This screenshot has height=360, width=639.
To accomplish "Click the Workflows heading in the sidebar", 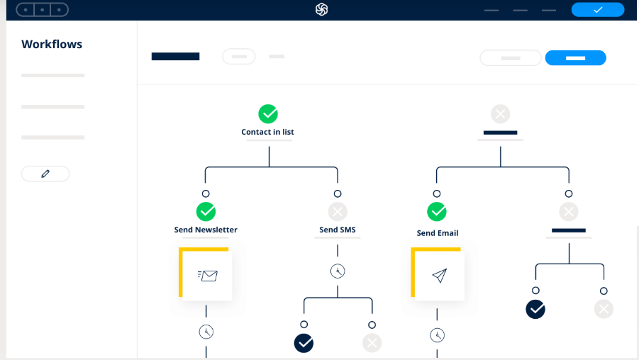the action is click(52, 44).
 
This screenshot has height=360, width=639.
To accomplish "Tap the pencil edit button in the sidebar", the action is click(45, 174).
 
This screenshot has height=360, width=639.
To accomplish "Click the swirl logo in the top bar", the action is click(321, 9).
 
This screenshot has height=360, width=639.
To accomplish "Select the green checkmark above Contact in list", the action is click(268, 114).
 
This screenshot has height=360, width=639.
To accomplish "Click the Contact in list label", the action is click(268, 132).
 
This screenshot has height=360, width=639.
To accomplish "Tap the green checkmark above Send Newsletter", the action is click(206, 212).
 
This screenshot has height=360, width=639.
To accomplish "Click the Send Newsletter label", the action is click(206, 230).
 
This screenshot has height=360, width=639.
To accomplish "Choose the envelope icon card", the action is click(206, 274).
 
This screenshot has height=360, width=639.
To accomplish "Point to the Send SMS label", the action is click(338, 230).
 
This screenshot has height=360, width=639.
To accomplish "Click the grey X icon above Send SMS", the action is click(338, 212).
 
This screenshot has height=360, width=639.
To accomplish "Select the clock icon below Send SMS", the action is click(338, 271).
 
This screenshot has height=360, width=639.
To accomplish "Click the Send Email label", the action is click(438, 233).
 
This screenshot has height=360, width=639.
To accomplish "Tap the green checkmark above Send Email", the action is click(437, 212).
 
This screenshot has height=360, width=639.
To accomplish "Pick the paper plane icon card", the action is click(438, 274).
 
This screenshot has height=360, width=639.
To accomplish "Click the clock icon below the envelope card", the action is click(206, 332).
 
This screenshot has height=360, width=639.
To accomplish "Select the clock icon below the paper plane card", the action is click(438, 335).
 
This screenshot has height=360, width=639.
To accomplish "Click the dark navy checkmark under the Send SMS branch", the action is click(304, 343).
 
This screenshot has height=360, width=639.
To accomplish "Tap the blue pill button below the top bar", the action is click(575, 58).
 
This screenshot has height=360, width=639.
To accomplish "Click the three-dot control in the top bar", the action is click(42, 9).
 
